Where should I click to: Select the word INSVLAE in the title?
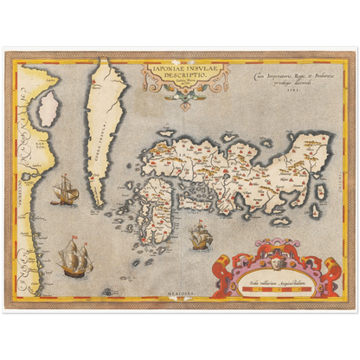[195, 66]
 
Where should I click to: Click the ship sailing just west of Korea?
[65, 189]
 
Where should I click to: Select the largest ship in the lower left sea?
[74, 258]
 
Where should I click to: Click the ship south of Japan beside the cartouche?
[200, 235]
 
